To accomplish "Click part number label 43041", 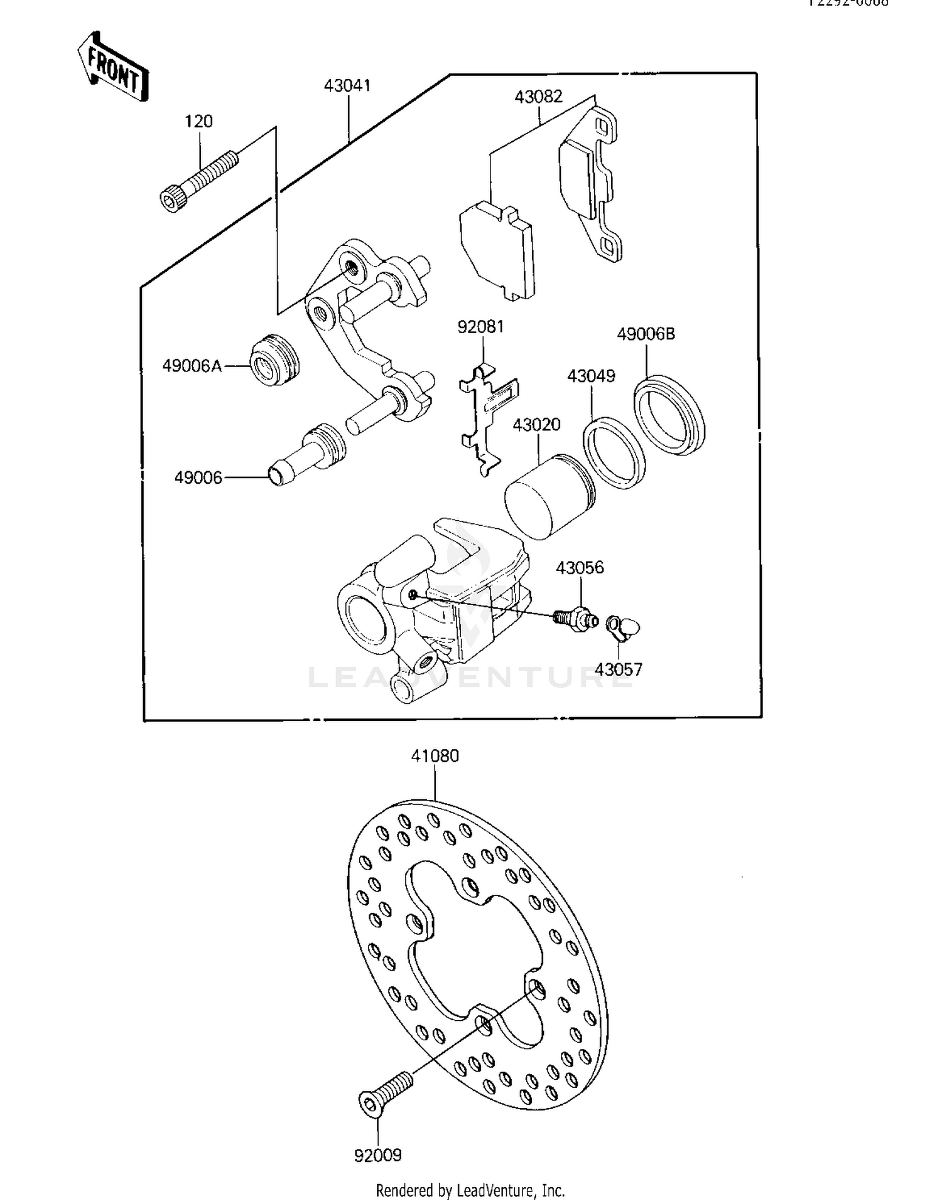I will pos(347,85).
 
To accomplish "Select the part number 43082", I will pos(538,97).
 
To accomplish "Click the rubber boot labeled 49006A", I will pos(274,361).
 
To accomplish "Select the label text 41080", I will pos(435,756).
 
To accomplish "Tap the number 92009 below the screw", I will pos(377,1155).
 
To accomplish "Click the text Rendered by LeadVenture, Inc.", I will pos(470,1190).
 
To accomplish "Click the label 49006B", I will pos(645,334).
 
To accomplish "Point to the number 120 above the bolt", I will pos(198,121).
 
